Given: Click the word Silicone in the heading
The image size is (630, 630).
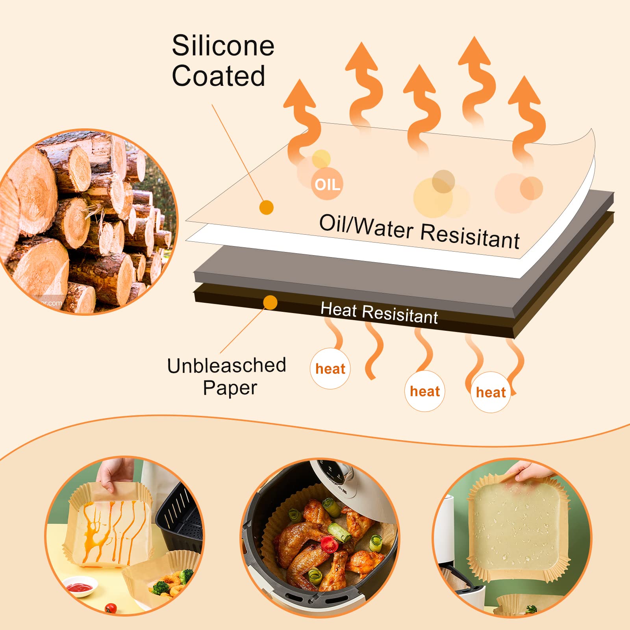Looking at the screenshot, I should [223, 46].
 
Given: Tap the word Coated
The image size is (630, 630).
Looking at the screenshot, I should [219, 76].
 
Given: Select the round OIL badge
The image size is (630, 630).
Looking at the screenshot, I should [327, 184].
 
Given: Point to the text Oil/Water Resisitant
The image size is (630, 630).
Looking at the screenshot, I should [419, 232].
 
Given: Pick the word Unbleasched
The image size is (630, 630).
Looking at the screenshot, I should [226, 365].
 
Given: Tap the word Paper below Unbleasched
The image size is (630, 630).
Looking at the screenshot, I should [230, 388].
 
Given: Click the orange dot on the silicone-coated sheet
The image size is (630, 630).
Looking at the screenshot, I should [267, 207].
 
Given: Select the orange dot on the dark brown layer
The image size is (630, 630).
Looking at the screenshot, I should [270, 302].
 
